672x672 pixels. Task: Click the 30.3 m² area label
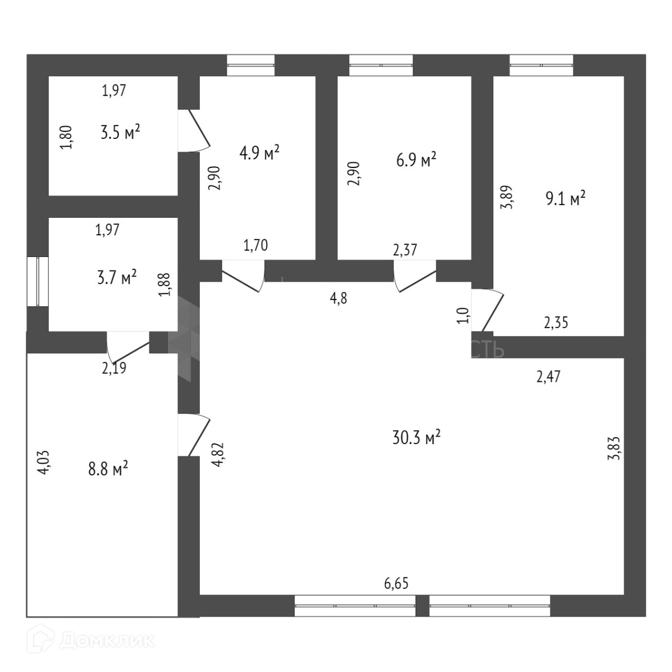pos(416,437)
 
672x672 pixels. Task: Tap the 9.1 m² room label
pos(566,198)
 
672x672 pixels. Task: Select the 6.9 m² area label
pos(416,161)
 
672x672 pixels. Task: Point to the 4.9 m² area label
pos(259,153)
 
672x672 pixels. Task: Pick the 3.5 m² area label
pos(120,133)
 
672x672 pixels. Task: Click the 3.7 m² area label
pos(117,277)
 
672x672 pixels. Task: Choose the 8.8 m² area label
pos(108,468)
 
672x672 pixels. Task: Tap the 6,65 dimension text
pos(396,584)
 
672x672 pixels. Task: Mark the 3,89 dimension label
pos(506,197)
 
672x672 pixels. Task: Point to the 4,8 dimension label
pos(339,298)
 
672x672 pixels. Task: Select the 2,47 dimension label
pos(548,377)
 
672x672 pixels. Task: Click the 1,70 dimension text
pos(255,245)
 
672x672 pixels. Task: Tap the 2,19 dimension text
pos(114,368)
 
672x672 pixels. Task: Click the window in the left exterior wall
pos(38,281)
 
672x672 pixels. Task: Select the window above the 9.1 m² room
pos(541,65)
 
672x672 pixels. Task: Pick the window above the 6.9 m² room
pos(381,65)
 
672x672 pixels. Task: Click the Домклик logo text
pos(106,640)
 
